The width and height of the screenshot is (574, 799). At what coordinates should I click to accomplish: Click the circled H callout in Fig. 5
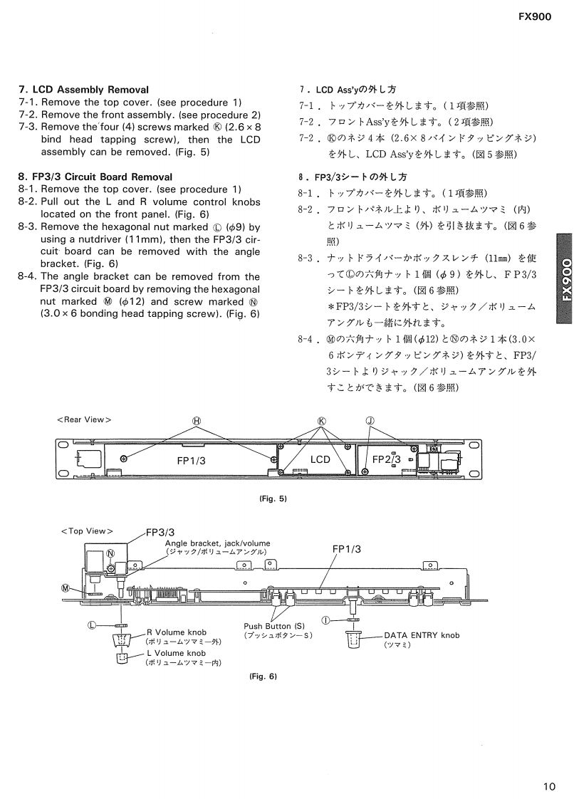pos(197,420)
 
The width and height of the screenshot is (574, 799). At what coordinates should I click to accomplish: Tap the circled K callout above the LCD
pos(321,420)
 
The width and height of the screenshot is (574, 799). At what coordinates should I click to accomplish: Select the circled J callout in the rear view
pos(370,420)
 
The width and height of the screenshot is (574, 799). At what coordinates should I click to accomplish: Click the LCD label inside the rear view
pos(320,459)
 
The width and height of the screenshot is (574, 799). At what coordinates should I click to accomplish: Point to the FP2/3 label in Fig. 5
pos(387,459)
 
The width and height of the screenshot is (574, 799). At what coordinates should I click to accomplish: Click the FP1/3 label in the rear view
pos(192,460)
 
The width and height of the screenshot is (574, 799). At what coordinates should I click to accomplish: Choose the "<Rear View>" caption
pos(84,419)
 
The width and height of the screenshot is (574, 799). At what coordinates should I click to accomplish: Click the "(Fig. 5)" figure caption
pos(273,498)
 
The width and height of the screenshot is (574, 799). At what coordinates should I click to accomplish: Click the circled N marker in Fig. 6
pos(110,553)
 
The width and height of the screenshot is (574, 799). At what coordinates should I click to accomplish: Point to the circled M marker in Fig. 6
pos(66,588)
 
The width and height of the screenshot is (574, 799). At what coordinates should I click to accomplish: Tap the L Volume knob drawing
pos(121,659)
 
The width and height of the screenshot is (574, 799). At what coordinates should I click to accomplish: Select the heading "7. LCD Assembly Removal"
pos(83,90)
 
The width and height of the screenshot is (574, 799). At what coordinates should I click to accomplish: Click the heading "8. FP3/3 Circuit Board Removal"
pos(95,176)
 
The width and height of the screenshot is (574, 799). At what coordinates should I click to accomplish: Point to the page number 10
pos(548,767)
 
